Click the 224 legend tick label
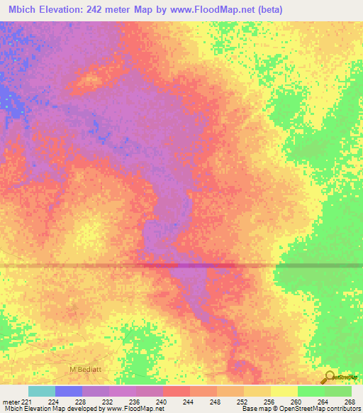click(x=54, y=401)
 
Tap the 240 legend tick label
click(x=162, y=401)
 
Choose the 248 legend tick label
click(x=216, y=401)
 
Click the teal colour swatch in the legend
click(x=42, y=391)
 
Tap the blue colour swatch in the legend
click(x=69, y=391)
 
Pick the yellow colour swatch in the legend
click(x=284, y=391)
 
